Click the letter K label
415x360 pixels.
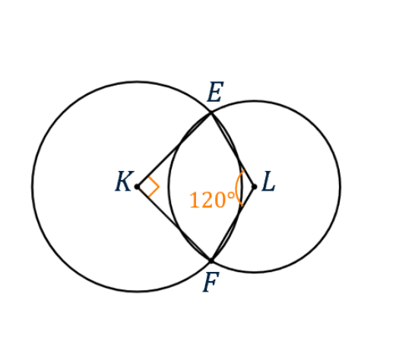[125, 182]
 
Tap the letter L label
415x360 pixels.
[268, 182]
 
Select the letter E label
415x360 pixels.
[215, 92]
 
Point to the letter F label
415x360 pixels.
[211, 282]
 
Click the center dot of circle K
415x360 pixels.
[137, 187]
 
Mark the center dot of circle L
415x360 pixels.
[255, 187]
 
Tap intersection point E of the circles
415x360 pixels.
[211, 113]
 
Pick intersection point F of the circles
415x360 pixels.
[211, 261]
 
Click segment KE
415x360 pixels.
[174, 150]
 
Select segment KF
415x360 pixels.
[174, 224]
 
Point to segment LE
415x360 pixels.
[233, 150]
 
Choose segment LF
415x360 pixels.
[233, 224]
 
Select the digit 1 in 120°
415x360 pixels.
[195, 200]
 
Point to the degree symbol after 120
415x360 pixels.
[231, 196]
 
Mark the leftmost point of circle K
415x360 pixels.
[32, 187]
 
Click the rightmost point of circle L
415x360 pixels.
[340, 187]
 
